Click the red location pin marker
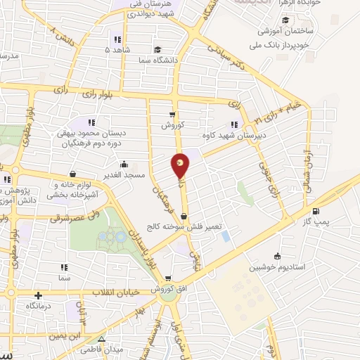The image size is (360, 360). click(181, 165)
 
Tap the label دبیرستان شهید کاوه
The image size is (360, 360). click(226, 135)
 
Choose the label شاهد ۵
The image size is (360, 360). click(115, 51)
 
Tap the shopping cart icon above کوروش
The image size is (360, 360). click(172, 114)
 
